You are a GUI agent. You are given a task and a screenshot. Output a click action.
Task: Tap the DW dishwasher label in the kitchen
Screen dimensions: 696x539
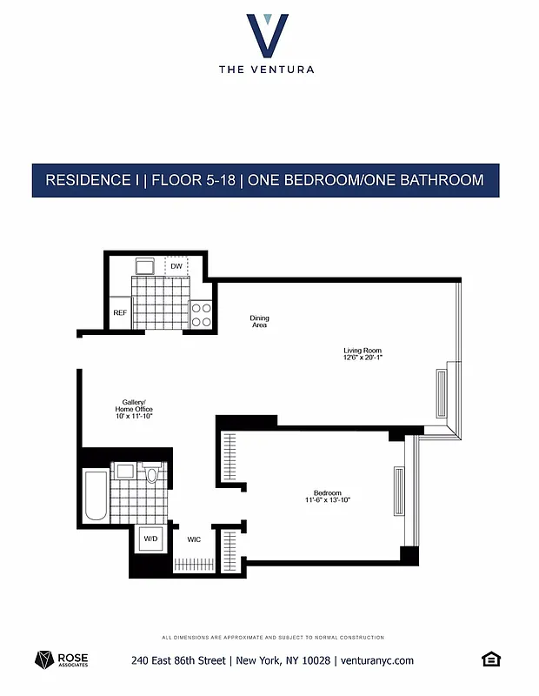(x=176, y=265)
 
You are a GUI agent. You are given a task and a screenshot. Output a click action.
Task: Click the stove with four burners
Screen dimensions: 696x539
(x=202, y=314)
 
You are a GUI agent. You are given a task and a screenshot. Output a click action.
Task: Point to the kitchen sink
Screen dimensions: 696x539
(x=144, y=264)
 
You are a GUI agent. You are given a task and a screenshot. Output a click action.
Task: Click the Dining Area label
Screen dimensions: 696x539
(x=259, y=321)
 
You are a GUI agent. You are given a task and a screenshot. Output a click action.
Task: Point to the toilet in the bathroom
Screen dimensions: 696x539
(x=152, y=474)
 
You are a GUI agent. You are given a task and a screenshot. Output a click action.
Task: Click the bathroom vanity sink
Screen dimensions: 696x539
(x=125, y=471)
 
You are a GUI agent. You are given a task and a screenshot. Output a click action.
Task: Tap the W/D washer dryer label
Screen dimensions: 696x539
(x=150, y=539)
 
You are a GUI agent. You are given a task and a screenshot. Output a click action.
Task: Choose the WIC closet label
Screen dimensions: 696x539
(x=194, y=539)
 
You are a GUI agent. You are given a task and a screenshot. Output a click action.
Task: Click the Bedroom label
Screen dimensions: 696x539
(x=327, y=492)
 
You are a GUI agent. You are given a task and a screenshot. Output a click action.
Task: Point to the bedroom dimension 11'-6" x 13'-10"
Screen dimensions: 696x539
(x=327, y=500)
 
